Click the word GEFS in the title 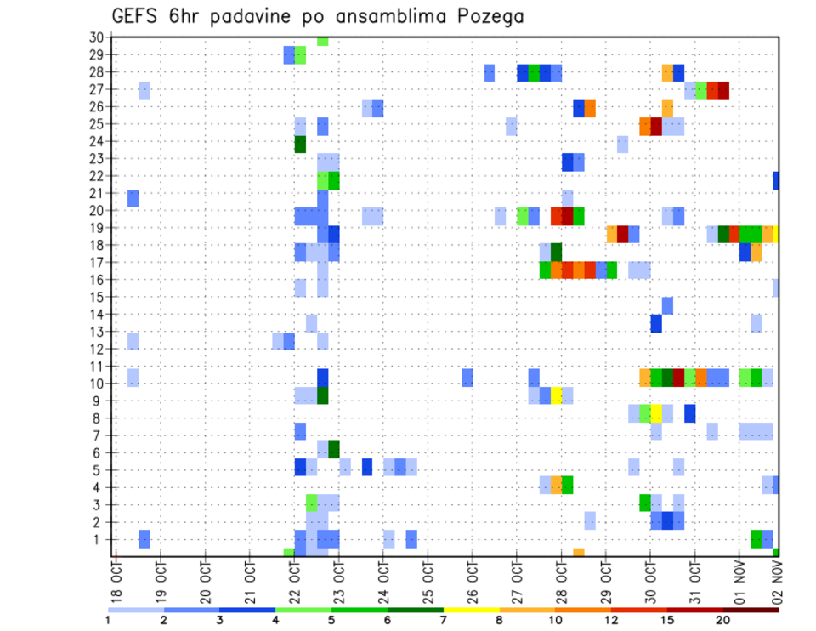click(137, 16)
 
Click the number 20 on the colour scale click(723, 620)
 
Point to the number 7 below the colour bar click(444, 620)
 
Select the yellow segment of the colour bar click(471, 609)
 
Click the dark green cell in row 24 click(300, 144)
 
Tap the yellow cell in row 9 click(556, 395)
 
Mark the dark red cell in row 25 click(656, 126)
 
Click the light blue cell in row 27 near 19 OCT click(144, 90)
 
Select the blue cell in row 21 click(133, 197)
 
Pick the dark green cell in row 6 click(334, 448)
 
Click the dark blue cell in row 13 click(656, 323)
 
